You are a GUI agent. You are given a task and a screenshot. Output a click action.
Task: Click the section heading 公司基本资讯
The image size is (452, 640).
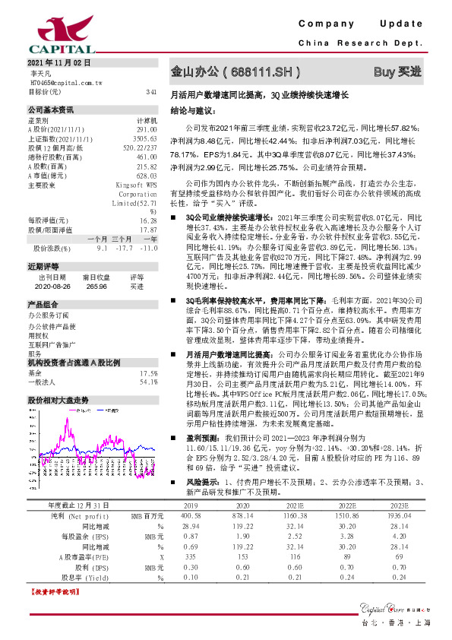51,109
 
